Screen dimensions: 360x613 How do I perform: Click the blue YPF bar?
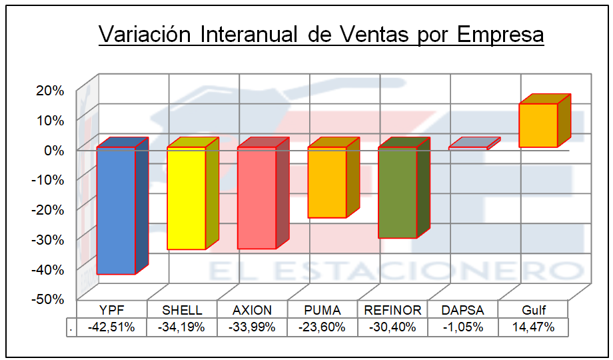coord(116,211)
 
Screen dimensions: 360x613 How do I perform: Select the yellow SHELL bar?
coord(187,198)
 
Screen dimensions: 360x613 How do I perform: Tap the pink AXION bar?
coord(257,198)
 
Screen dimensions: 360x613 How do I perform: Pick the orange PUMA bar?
coord(327,182)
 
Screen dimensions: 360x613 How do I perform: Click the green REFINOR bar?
coord(398,192)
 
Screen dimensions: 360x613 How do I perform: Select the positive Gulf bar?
coord(538,125)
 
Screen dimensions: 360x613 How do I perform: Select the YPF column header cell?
coord(111,310)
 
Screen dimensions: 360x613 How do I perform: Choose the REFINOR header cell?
coord(392,310)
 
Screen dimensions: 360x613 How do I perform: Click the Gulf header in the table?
coord(534,310)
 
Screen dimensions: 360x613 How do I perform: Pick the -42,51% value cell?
coord(111,327)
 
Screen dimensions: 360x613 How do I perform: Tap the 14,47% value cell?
coord(534,327)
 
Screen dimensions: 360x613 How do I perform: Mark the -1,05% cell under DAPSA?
coord(463,327)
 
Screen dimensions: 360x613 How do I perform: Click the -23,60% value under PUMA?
coord(322,327)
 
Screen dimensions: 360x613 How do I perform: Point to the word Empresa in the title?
coord(500,34)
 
